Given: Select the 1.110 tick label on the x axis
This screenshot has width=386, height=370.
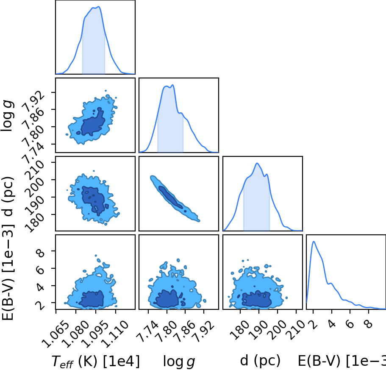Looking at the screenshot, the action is pyautogui.click(x=114, y=333).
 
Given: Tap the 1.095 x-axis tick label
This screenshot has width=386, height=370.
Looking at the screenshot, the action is pyautogui.click(x=94, y=333).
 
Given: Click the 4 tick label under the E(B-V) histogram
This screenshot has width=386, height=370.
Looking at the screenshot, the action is pyautogui.click(x=332, y=324).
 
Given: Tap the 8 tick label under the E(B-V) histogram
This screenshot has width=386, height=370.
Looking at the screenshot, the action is pyautogui.click(x=369, y=324).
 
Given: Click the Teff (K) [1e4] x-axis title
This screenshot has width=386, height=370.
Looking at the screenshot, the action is pyautogui.click(x=95, y=362).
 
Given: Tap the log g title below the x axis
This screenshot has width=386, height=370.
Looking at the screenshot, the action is pyautogui.click(x=179, y=362).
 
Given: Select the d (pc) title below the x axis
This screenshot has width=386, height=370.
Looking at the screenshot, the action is pyautogui.click(x=260, y=361).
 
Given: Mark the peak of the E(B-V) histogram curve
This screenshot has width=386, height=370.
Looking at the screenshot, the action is pyautogui.click(x=314, y=242).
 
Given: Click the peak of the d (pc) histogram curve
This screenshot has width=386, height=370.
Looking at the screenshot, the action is pyautogui.click(x=257, y=163).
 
